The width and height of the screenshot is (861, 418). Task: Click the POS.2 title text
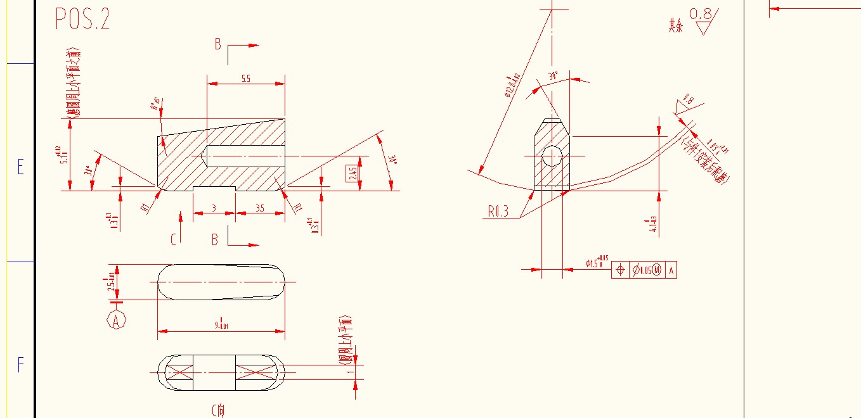pyautogui.click(x=82, y=19)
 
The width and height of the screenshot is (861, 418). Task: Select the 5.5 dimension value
pyautogui.click(x=245, y=79)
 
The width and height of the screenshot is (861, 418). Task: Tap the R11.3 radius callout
pyautogui.click(x=498, y=212)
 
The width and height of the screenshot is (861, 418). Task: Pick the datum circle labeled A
pyautogui.click(x=116, y=320)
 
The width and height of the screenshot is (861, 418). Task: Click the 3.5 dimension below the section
pyautogui.click(x=259, y=208)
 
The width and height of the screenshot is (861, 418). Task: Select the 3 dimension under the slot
pyautogui.click(x=214, y=208)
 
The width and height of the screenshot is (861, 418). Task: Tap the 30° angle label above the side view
pyautogui.click(x=553, y=75)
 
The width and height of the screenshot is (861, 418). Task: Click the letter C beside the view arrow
pyautogui.click(x=173, y=239)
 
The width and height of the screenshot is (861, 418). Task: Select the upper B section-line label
pyautogui.click(x=217, y=44)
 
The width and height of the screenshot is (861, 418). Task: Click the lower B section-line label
pyautogui.click(x=215, y=239)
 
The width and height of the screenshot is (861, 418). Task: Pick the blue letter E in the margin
pyautogui.click(x=20, y=168)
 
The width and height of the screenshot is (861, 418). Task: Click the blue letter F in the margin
pyautogui.click(x=20, y=365)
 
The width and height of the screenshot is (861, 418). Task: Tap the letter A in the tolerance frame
pyautogui.click(x=671, y=270)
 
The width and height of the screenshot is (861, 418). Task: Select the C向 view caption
pyautogui.click(x=217, y=410)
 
